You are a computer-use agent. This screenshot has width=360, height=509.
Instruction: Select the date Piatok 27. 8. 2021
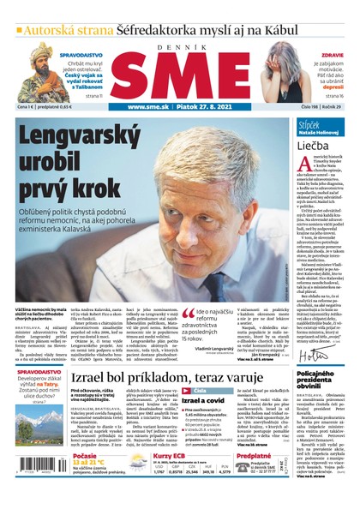pyautogui.click(x=204, y=107)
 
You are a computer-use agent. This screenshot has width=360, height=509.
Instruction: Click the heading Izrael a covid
pyautogui.click(x=201, y=399)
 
